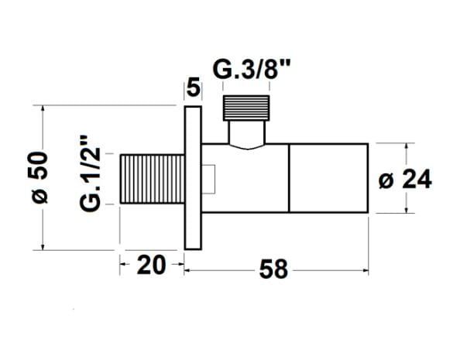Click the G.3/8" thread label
pyautogui.click(x=252, y=70)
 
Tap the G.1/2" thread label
pyautogui.click(x=89, y=174)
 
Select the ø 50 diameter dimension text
pyautogui.click(x=39, y=177)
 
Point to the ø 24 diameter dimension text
pyautogui.click(x=405, y=179)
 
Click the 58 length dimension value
pyautogui.click(x=273, y=269)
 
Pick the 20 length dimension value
pyautogui.click(x=151, y=265)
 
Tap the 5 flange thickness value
pyautogui.click(x=193, y=87)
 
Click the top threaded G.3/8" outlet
pyautogui.click(x=246, y=108)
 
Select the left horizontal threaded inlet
pyautogui.click(x=153, y=179)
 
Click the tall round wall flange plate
pyautogui.click(x=193, y=178)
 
